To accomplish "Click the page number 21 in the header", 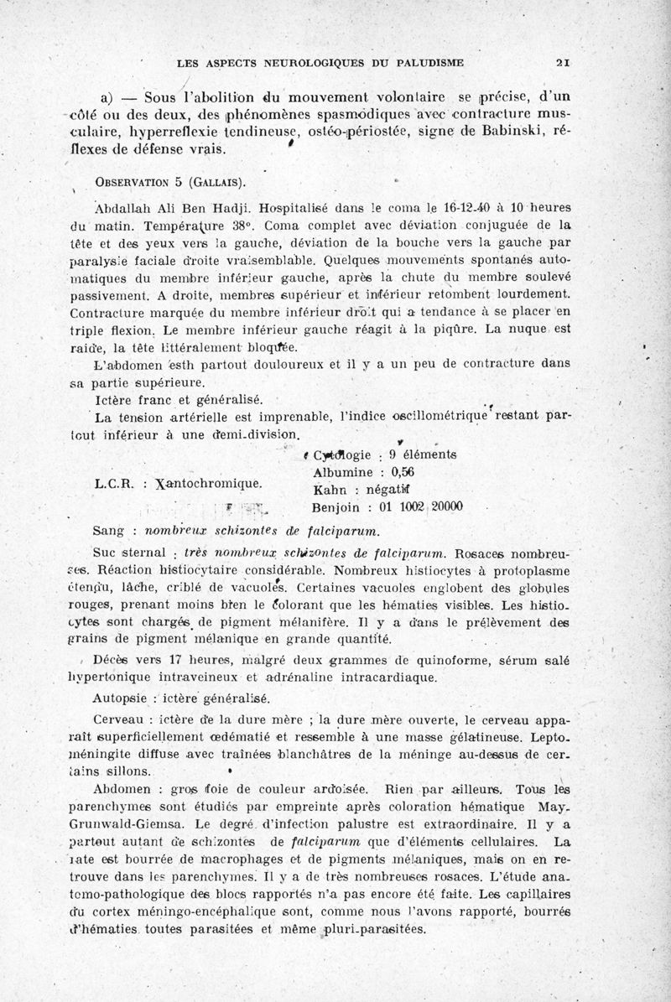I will tap(563, 62).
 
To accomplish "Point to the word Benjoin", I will tap(336, 506).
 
